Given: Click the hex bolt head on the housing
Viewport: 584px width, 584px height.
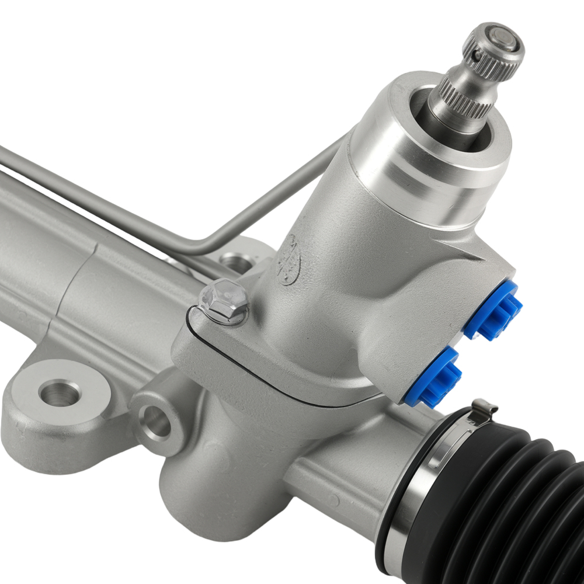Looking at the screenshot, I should pos(225,299).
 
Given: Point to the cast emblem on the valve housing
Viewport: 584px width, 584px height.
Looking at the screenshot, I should pos(288,260).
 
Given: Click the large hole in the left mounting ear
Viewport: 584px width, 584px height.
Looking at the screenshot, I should pos(58,392).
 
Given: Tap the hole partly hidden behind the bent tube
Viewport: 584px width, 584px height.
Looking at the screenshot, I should pos(237,263).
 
